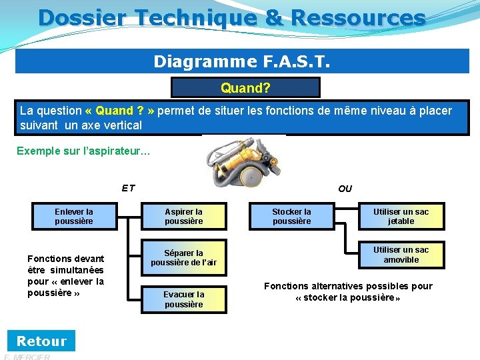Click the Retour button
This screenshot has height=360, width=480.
(41, 341)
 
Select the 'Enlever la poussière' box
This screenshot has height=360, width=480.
(74, 217)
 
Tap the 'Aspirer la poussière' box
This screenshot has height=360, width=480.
(183, 217)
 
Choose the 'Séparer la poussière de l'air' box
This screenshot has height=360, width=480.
(183, 258)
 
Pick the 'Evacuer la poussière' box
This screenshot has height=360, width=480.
(183, 299)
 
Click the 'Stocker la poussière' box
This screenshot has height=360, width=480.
(291, 217)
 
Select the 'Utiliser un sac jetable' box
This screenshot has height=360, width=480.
(401, 217)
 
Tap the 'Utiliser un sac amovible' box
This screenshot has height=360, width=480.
(401, 255)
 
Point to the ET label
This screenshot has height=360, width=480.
(128, 188)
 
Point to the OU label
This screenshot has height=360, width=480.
(345, 189)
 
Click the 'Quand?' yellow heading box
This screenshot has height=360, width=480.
(245, 88)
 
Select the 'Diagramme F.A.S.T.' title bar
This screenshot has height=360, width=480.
(242, 61)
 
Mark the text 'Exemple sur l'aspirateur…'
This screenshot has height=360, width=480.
(83, 151)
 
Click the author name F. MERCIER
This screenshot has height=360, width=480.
(27, 357)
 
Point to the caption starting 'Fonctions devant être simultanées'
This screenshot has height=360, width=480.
(65, 275)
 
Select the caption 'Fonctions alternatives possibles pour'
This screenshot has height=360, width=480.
(348, 291)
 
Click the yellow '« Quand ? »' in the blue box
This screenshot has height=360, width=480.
(120, 111)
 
